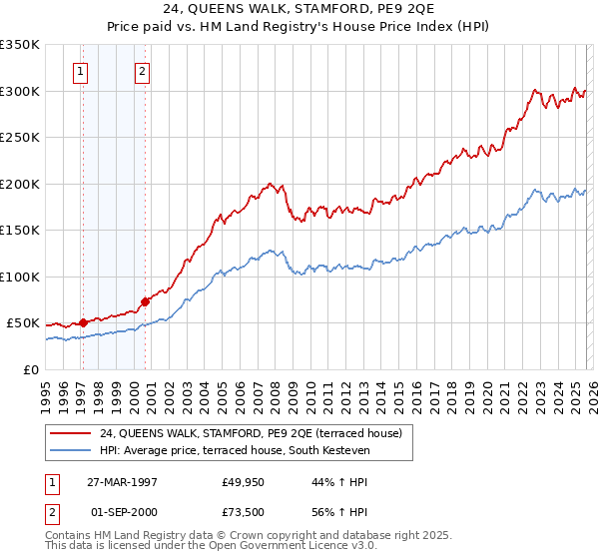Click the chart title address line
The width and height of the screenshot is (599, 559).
[299, 11]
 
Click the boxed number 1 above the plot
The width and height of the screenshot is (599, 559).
[80, 71]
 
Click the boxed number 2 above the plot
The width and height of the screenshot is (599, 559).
[143, 71]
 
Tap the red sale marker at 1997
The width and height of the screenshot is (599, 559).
[84, 322]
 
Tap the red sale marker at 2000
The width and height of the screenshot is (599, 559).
[145, 300]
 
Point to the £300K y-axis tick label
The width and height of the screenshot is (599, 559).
[20, 91]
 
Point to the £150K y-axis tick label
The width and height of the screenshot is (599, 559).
[20, 230]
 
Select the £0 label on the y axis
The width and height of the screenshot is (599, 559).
[30, 369]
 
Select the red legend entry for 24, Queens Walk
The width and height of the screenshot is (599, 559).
[250, 433]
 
